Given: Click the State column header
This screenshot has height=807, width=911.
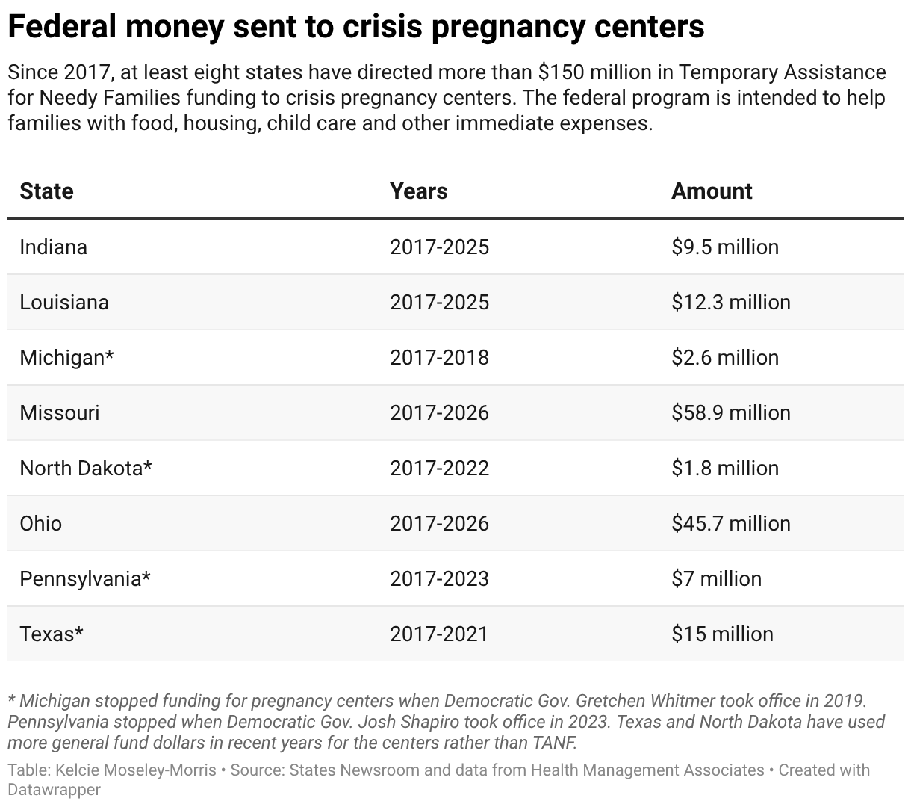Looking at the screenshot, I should (x=46, y=191).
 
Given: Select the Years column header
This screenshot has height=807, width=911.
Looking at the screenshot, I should (x=418, y=191).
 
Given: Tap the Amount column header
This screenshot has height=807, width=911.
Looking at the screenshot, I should (x=712, y=191).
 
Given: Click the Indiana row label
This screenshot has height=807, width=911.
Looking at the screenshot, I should (x=53, y=247).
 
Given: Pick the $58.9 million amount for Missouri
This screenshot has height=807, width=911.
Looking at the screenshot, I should (x=730, y=413).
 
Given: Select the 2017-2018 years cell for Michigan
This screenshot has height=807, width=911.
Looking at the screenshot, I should (x=439, y=358).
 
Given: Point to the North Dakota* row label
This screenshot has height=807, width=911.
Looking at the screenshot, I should (x=86, y=469).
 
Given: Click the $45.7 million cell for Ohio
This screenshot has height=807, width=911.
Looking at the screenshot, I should (x=730, y=524).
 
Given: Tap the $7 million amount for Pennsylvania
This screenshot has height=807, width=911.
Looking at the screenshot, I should (x=716, y=579).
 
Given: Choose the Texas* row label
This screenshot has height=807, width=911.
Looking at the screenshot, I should (x=51, y=634).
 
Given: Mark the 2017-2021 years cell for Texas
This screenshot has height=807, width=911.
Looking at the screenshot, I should (x=438, y=634).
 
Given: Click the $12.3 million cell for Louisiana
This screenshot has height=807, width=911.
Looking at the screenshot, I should (x=730, y=303).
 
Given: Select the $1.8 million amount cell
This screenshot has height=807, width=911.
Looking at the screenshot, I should (x=724, y=469).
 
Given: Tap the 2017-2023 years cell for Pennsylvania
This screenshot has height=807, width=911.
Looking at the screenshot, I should (x=439, y=579).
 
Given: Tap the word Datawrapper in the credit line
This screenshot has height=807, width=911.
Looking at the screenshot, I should (x=54, y=789).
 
